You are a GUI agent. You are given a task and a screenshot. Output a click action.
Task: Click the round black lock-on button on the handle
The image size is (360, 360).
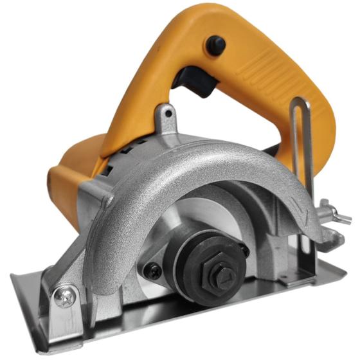(x=215, y=45)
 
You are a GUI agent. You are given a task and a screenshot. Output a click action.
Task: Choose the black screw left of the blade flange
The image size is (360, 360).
(x=153, y=271)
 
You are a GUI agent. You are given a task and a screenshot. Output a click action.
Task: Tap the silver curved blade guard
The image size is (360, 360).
(x=193, y=174)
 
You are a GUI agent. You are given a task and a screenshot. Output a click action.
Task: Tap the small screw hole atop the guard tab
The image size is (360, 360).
(x=168, y=114)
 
